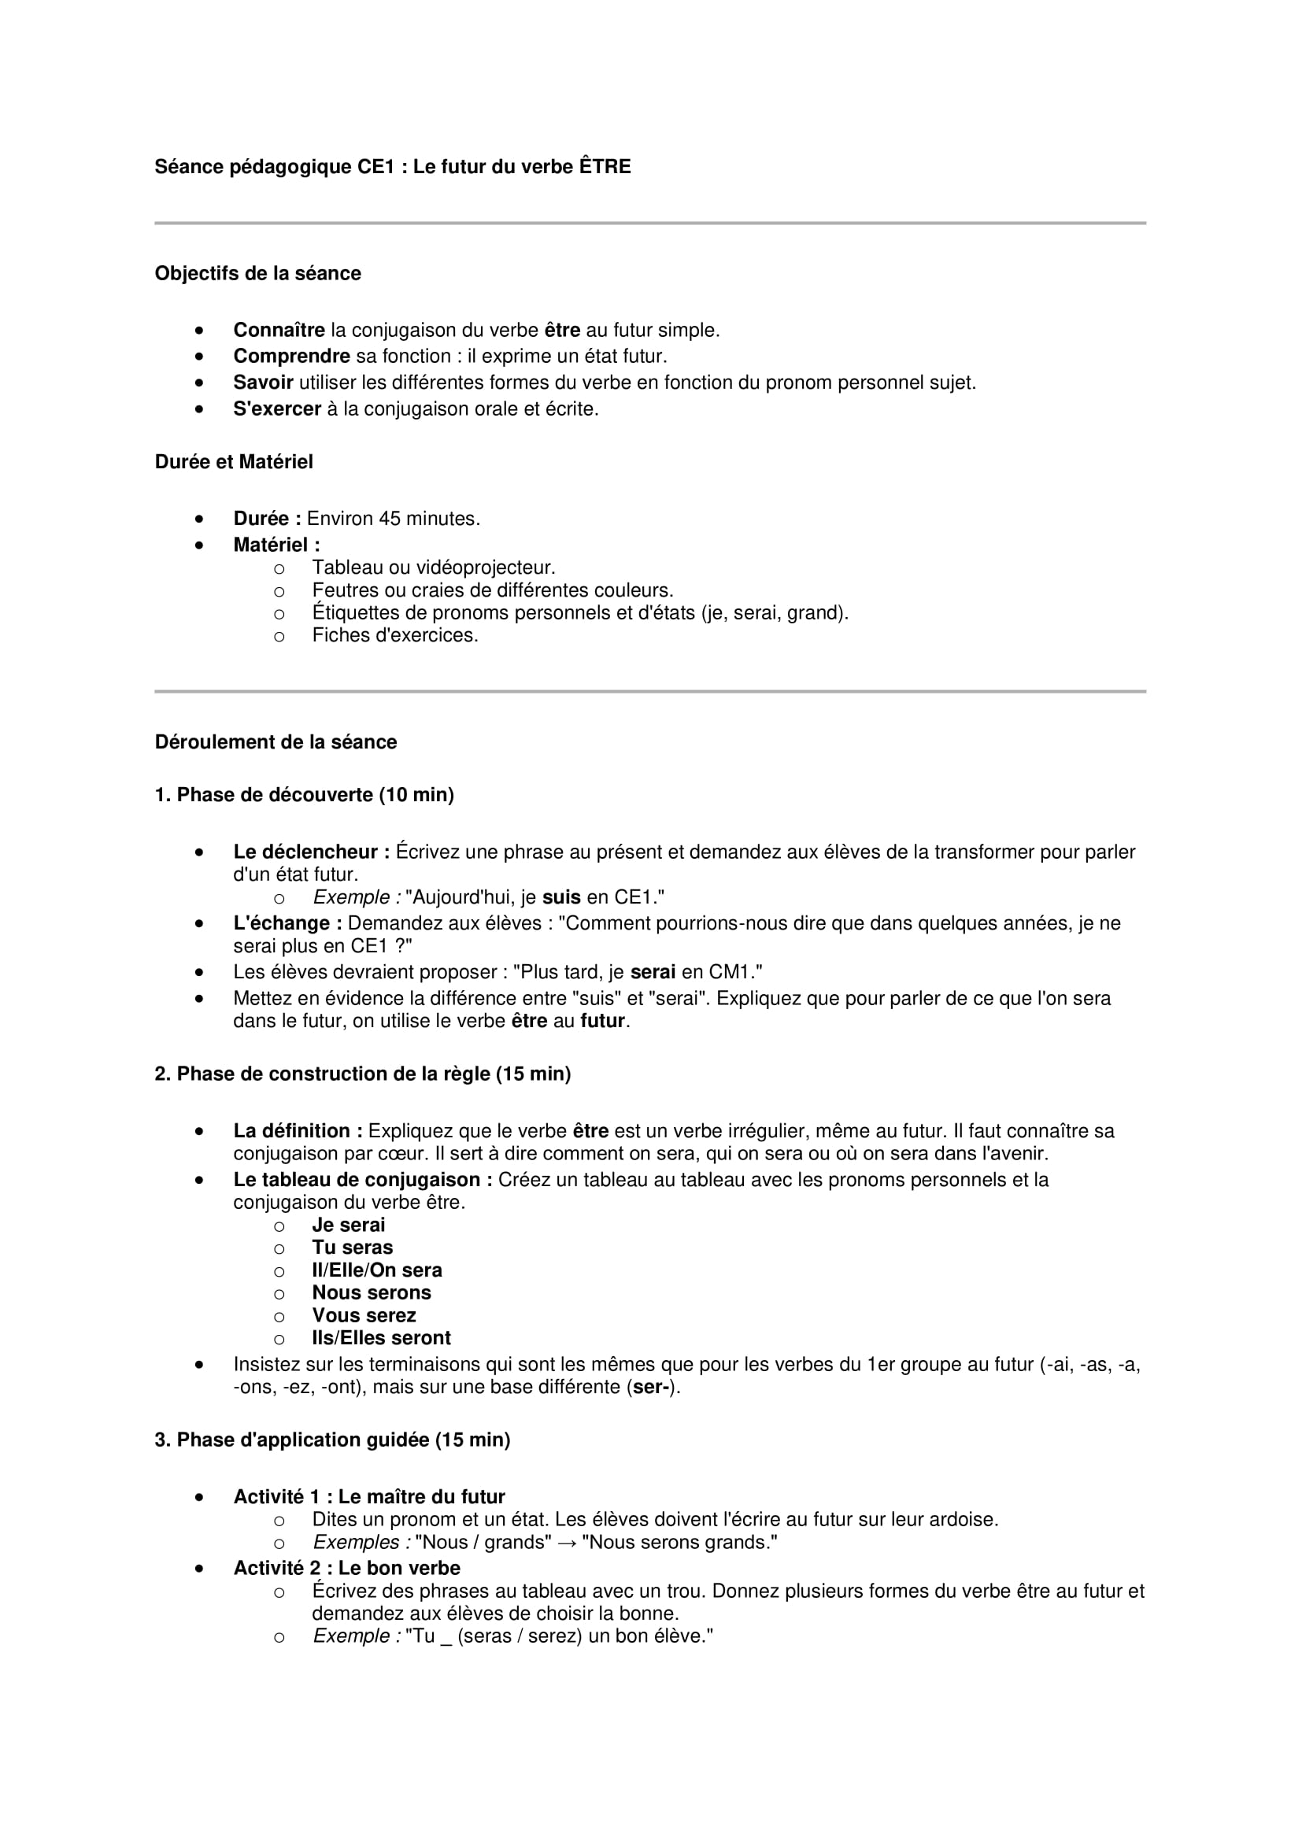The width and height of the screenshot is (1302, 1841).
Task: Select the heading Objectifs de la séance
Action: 257,273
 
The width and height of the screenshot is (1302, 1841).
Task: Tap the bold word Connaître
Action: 279,331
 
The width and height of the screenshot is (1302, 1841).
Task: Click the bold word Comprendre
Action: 292,356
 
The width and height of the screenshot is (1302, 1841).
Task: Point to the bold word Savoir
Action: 263,383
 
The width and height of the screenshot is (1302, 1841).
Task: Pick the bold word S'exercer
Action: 276,409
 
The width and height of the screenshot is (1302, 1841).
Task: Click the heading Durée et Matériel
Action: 233,462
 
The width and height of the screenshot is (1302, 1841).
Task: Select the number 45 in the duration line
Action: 390,519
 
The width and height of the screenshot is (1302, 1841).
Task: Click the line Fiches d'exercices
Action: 394,635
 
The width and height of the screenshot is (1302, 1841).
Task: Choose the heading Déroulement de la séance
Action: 276,741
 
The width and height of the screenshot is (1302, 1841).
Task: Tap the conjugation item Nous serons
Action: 372,1292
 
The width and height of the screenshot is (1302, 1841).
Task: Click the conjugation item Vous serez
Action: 364,1315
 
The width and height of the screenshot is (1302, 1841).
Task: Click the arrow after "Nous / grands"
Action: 567,1542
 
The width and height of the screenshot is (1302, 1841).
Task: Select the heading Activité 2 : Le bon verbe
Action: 346,1568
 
